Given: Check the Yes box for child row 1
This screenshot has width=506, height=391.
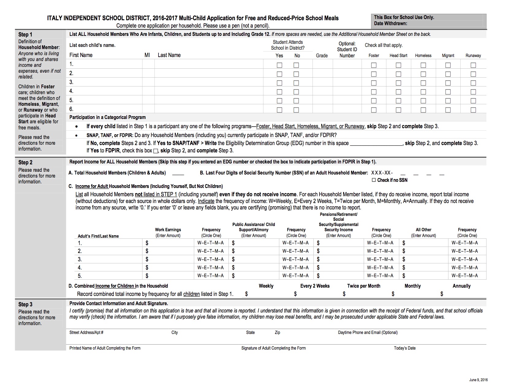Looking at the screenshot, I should [279, 65].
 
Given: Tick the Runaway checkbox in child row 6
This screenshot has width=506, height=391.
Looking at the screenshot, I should [473, 110].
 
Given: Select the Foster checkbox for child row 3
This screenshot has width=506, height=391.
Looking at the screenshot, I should [374, 83].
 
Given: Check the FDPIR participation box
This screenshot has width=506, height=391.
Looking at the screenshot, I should [155, 151].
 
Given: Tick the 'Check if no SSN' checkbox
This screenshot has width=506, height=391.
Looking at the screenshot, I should [374, 180].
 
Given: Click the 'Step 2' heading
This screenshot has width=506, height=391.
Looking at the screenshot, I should [25, 163].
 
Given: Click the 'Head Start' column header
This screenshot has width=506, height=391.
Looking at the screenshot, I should [398, 56].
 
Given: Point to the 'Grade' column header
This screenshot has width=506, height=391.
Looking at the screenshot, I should [322, 56].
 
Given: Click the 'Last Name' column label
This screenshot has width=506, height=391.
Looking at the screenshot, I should [169, 55].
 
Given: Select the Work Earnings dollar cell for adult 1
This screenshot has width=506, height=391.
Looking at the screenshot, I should [169, 243].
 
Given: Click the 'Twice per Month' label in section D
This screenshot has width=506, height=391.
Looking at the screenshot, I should [363, 286].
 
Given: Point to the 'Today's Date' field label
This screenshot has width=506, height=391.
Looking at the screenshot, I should [404, 348].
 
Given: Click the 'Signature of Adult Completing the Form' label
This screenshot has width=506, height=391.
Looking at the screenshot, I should [273, 348].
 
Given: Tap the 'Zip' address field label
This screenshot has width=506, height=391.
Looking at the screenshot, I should [277, 332].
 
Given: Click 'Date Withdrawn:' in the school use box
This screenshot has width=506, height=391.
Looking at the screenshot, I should [390, 23].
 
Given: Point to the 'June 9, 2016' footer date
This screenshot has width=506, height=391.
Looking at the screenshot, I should [478, 380].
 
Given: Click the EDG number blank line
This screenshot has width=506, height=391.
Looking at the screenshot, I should [376, 144].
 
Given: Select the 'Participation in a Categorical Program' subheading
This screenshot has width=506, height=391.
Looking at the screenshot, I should [107, 117].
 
